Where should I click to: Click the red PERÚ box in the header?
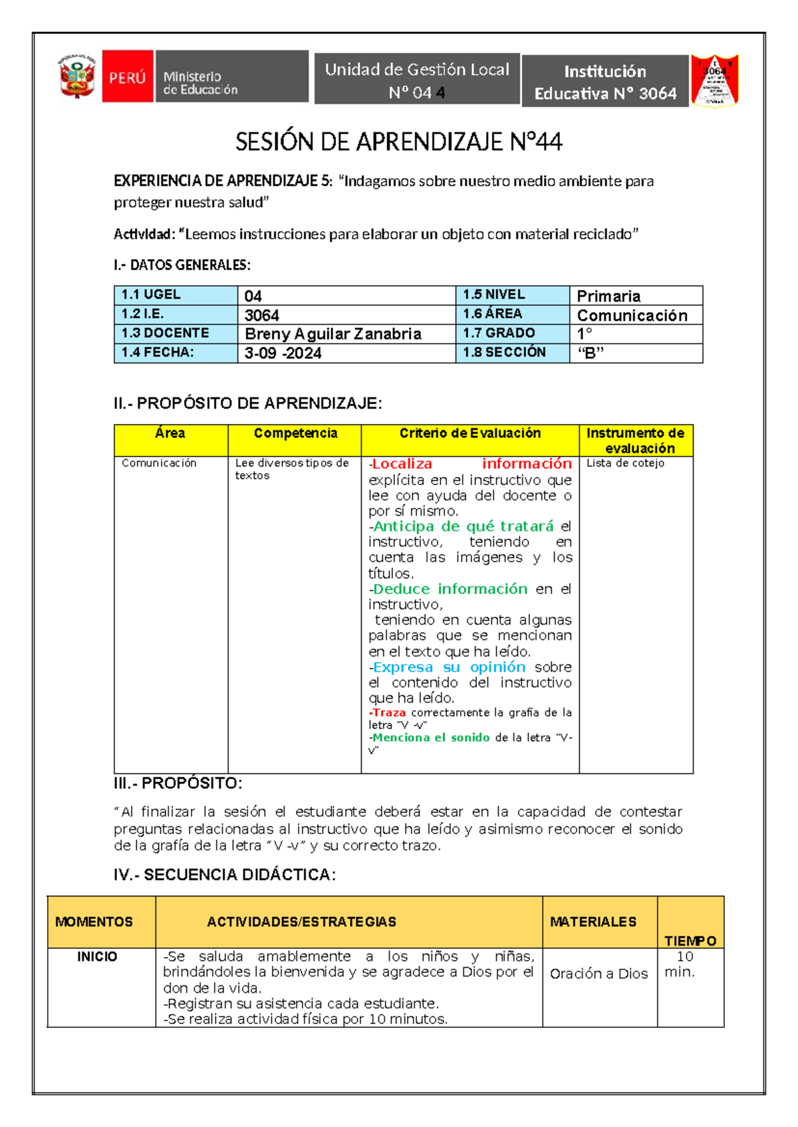[128, 77]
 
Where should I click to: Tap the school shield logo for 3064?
[715, 81]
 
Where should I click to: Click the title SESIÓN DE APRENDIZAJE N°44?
[399, 142]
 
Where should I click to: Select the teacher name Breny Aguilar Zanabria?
[333, 334]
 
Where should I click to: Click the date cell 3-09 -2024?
[283, 353]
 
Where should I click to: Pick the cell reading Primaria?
[608, 296]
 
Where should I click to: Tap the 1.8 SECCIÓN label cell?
[505, 352]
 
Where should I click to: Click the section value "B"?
[591, 353]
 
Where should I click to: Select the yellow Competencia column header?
[295, 433]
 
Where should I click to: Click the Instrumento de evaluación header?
[635, 441]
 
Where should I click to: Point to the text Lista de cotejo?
[625, 463]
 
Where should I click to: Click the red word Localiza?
[402, 464]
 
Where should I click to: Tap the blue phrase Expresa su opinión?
[449, 667]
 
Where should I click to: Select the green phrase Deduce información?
[450, 589]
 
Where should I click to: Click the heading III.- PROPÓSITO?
[178, 783]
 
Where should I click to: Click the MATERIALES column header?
[593, 922]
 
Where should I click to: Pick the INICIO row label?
[97, 956]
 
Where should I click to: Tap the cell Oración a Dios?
[598, 973]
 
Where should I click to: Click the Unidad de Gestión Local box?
[417, 80]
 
